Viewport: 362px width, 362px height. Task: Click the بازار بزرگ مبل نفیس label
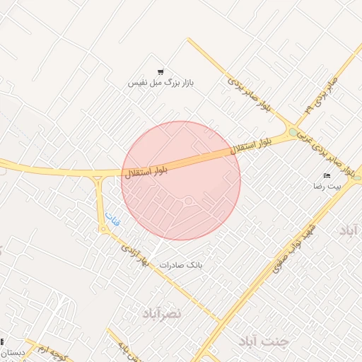click(x=160, y=83)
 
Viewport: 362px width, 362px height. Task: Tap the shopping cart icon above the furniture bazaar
click(x=160, y=71)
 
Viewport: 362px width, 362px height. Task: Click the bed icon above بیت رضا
click(x=327, y=175)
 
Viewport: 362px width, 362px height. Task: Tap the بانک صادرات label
click(x=181, y=265)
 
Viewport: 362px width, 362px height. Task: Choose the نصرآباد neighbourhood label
click(x=162, y=313)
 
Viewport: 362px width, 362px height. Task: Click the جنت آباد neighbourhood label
click(x=264, y=341)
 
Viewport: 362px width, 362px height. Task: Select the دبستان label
click(x=13, y=352)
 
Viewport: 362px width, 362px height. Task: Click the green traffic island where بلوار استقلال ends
click(x=293, y=132)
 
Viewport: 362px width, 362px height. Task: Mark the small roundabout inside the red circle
click(x=189, y=202)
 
